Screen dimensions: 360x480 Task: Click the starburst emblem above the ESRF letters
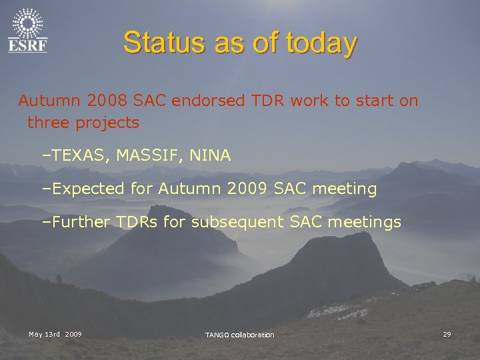[27, 24]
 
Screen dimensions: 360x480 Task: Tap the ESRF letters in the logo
[27, 45]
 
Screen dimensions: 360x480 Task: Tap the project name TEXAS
[79, 156]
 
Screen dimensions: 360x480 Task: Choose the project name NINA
[210, 156]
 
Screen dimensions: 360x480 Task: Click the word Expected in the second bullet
[89, 189]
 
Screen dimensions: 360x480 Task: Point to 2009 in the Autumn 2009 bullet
[248, 189]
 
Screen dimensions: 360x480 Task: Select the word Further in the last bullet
[80, 222]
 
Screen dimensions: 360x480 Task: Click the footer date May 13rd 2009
[55, 334]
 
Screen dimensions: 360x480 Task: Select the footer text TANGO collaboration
[239, 335]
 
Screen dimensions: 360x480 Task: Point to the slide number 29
[447, 334]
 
